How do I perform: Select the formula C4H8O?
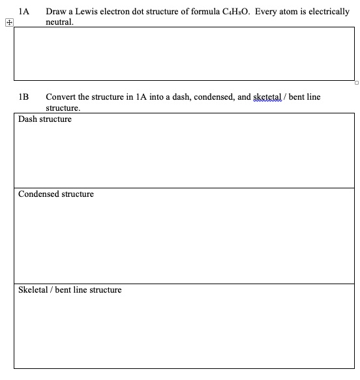(233, 12)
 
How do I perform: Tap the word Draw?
(57, 12)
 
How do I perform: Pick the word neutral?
(59, 22)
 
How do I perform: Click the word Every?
(267, 12)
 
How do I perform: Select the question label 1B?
(24, 97)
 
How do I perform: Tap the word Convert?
(63, 97)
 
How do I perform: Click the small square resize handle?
(357, 83)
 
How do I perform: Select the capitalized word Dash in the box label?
(28, 119)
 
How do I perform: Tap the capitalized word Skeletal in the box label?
(34, 289)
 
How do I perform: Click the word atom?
(292, 12)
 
